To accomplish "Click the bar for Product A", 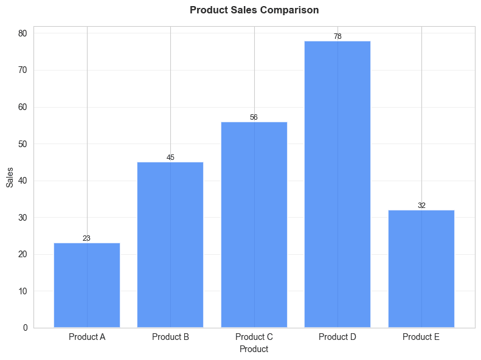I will coord(87,285).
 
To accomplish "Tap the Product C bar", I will coord(254,224).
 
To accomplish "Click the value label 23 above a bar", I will coord(87,238).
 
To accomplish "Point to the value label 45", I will coord(170,157).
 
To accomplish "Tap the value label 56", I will coord(254,117).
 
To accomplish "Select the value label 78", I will coord(337,36).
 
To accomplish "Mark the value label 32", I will coord(421,206).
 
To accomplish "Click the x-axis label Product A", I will coord(87,337).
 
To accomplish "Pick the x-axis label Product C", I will coord(254,337).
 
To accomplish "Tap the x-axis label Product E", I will coord(421,337).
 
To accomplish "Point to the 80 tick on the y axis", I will coord(22,33).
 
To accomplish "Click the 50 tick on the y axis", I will coord(22,144).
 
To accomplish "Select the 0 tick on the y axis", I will coord(25,328).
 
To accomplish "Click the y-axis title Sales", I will coord(10,177).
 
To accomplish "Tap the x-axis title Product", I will coord(254,349).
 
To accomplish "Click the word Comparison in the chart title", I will coord(289,10).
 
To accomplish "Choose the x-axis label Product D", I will coord(337,337).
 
